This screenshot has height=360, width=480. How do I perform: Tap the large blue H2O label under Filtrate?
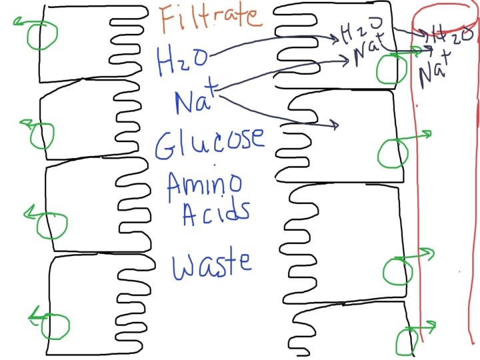pyautogui.click(x=181, y=61)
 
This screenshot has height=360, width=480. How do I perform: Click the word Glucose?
pyautogui.click(x=209, y=141)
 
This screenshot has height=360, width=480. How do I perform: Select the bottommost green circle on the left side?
pyautogui.click(x=54, y=327)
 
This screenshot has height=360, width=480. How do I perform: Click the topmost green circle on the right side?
pyautogui.click(x=391, y=69)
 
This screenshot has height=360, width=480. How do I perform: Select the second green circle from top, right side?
pyautogui.click(x=393, y=153)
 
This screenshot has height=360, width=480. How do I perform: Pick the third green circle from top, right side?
pyautogui.click(x=398, y=270)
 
